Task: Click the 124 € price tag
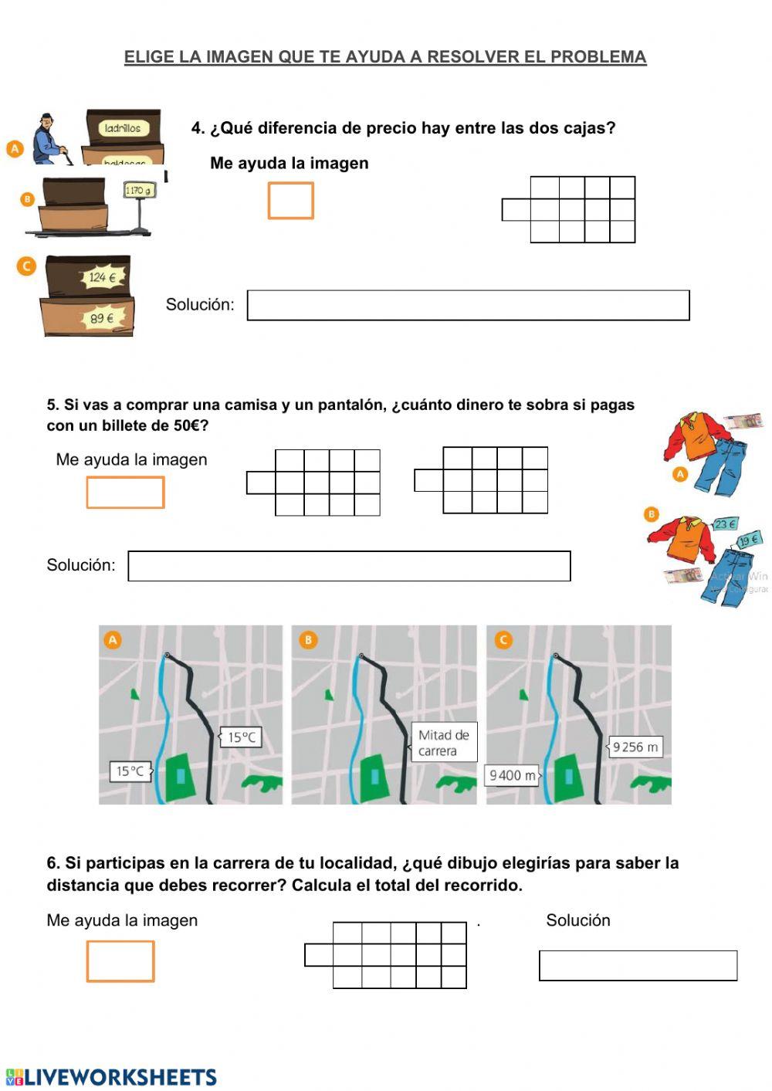pos(103,277)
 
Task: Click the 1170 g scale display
pos(138,190)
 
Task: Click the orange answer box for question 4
pos(290,201)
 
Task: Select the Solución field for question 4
pos(468,305)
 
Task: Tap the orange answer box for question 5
pos(125,493)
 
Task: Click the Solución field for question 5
pos(349,566)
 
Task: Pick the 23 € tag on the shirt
pos(724,524)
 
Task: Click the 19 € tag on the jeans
pos(748,540)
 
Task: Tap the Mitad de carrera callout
pos(444,743)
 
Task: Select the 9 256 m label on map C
pos(635,747)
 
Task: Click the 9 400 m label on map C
pos(512,774)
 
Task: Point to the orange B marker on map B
pos(308,640)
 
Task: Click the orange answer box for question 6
pos(120,961)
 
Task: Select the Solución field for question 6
pos(638,966)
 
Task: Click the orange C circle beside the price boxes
pos(26,266)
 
